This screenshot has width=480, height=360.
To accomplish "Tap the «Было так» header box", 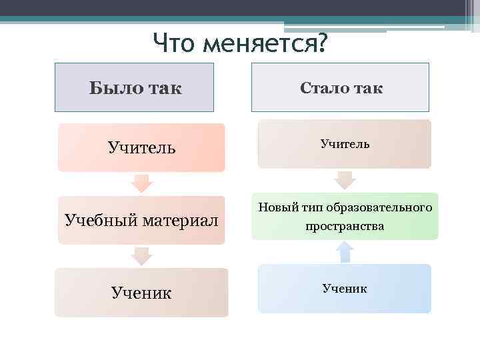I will pos(134,87).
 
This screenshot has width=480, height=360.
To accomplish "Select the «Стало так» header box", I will pos(340,87).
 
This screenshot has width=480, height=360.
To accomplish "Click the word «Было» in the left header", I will pos(113,88).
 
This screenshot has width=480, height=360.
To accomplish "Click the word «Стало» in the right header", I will pos(323,88).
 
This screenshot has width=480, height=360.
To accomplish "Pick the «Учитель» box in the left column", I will pos(141,147).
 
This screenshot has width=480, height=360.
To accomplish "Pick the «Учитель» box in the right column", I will pos(344,143).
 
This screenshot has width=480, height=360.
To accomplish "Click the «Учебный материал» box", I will pos(141,220).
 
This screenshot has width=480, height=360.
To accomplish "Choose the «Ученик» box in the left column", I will pos(141,292).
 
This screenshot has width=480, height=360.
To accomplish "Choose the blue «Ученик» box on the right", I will pos(344,289).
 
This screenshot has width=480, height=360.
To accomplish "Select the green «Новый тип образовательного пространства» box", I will pos(344,217).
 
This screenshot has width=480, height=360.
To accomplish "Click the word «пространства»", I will pos(345,226).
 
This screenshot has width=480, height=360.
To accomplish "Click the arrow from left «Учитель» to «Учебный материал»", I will pos(141,183).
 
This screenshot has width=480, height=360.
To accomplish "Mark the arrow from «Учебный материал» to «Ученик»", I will pos(141,255).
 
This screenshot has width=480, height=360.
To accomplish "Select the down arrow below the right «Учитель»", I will pos(344,179).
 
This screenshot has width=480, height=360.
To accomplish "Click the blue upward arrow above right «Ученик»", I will pos(344,251).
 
